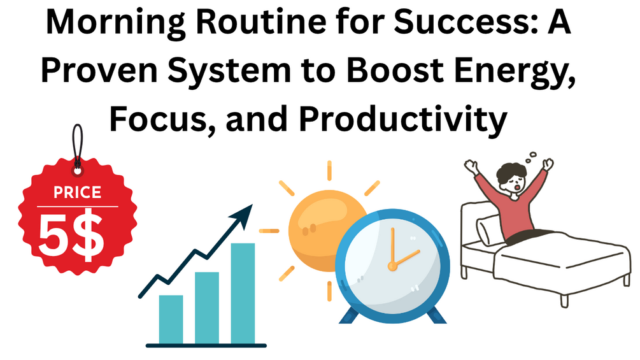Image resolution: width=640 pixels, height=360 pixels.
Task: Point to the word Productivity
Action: pos(403,120)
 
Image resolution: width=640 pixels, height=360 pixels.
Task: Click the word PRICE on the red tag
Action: pos(78,192)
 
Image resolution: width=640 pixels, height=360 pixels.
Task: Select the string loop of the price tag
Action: pos(78,143)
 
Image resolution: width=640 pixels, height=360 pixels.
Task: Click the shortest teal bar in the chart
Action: pos(171,319)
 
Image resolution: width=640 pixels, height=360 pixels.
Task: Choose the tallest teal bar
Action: pos(243,294)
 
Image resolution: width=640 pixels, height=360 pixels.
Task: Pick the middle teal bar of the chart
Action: pos(206,308)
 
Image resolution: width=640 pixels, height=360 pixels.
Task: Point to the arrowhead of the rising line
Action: pos(243,215)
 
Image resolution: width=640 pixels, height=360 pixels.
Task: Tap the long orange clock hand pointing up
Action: pos(393,247)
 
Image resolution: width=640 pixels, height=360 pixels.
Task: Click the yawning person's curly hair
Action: pos(512,171)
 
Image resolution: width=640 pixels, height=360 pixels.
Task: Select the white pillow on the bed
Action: pos(488,230)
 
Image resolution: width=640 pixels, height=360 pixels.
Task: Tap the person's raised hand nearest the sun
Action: pos(471,166)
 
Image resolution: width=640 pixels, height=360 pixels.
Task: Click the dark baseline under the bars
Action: pos(206,346)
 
